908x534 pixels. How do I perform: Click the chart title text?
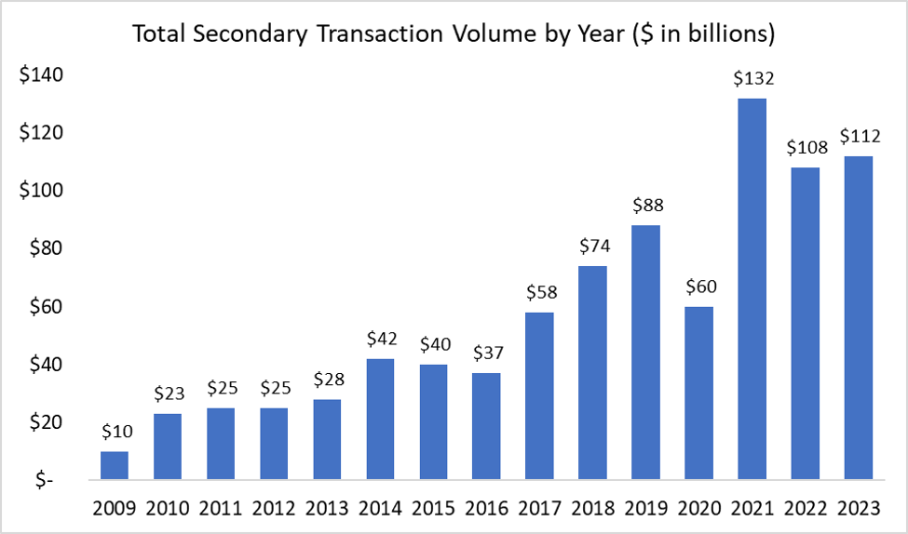click(x=454, y=34)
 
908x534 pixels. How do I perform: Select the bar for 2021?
click(x=752, y=289)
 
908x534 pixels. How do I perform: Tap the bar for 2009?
click(x=114, y=465)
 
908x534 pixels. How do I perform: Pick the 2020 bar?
click(x=699, y=394)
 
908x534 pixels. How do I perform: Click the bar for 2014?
click(x=380, y=420)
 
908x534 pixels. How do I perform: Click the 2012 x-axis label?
click(x=274, y=509)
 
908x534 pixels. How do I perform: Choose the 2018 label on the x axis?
click(x=593, y=509)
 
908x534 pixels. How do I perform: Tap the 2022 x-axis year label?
click(x=806, y=509)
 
